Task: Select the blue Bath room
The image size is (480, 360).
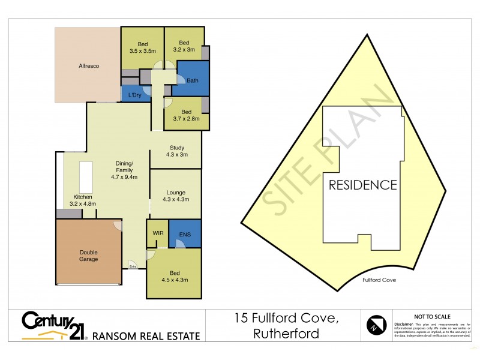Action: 192,81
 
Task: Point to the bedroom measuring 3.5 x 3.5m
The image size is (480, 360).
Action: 142,47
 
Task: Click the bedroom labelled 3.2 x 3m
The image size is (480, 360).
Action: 184,47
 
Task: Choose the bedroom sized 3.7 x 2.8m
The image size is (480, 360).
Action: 186,116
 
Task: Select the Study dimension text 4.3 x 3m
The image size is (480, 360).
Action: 176,155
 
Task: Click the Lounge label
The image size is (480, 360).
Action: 176,193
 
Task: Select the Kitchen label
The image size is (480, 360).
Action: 83,197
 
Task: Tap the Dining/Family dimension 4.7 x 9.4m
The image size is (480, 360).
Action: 124,177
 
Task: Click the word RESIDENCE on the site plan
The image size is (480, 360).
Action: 362,185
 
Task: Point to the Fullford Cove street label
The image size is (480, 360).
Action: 379,280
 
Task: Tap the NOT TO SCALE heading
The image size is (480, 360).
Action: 432,316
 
